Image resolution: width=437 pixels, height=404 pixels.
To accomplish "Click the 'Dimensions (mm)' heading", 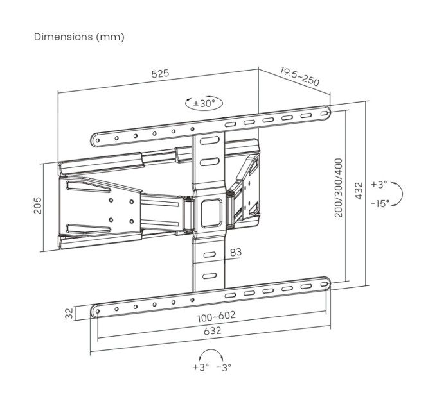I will [79, 37].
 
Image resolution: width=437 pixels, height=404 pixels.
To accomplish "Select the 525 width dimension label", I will [160, 73].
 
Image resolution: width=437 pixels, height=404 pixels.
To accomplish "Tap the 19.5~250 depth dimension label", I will [299, 76].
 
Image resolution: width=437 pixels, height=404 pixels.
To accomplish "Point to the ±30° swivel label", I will [204, 103].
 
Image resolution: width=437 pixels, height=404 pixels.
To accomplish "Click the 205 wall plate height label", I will [38, 205].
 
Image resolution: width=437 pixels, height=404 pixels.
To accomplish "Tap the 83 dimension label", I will [235, 252].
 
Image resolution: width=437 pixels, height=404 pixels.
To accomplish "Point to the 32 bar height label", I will [69, 314].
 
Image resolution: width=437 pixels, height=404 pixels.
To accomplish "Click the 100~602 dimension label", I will [216, 316].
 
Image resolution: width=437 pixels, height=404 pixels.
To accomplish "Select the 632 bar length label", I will [212, 331].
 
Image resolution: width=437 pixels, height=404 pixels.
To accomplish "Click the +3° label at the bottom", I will [201, 367].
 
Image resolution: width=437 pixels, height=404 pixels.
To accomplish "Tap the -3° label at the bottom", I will [224, 367].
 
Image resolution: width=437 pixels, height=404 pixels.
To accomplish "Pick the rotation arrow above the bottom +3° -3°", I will [211, 355].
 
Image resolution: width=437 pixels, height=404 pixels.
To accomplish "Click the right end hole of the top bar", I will [325, 113].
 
